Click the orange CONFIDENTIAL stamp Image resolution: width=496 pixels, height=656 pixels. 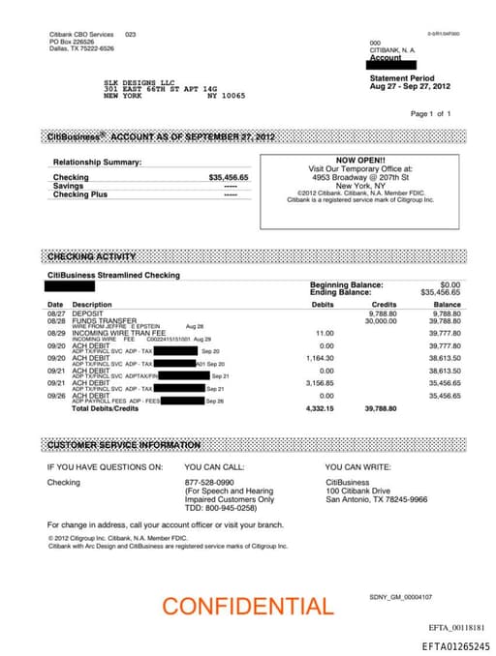coord(247,607)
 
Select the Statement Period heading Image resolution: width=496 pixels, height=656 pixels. coord(403,77)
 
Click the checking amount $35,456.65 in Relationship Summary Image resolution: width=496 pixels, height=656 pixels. coord(229,178)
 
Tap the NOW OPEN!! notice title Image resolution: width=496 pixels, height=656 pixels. coord(359,161)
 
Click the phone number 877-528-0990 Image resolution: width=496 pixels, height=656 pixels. coord(209,482)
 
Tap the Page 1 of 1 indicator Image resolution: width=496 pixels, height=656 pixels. coord(431,114)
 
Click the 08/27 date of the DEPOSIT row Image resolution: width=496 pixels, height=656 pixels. coord(56,313)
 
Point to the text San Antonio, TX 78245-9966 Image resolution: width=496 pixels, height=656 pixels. coord(376,500)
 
